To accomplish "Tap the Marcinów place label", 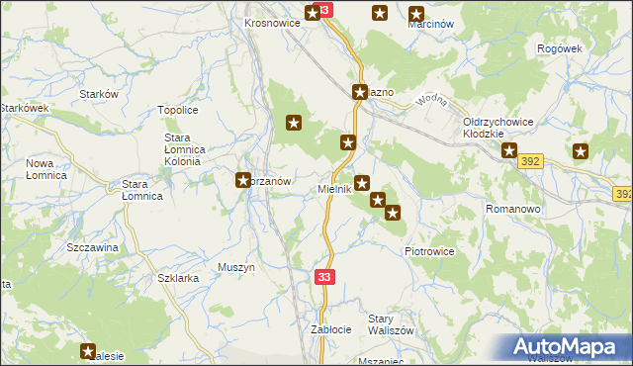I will (430, 24).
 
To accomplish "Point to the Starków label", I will (99, 93).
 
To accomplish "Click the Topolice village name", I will (179, 111).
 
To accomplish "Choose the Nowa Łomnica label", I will (45, 169).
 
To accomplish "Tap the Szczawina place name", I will (92, 246).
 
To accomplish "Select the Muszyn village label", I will (236, 267).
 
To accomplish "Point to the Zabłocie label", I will (331, 328).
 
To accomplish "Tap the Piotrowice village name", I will (429, 251).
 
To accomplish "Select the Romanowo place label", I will (511, 210).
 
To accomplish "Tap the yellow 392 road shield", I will (531, 160).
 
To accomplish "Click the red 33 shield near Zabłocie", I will (325, 280).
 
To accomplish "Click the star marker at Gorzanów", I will (243, 180).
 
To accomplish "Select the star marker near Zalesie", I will (88, 350).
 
